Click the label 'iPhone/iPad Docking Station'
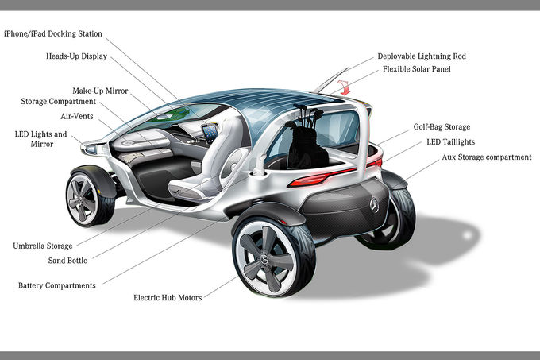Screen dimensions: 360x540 (53, 33)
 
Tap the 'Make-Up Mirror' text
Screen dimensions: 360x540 (99, 91)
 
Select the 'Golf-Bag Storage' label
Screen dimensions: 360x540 (442, 126)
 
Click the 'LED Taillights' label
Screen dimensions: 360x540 (455, 141)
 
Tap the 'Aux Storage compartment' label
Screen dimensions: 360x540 (486, 157)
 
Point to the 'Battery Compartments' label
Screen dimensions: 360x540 (57, 285)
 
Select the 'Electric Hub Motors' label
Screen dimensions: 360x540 (167, 298)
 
